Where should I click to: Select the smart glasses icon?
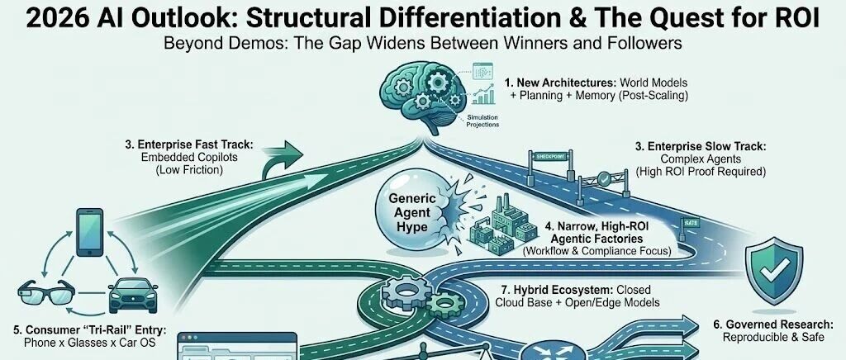point(42,292)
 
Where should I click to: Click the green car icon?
point(132,293)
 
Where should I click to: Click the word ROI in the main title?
point(791,18)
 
